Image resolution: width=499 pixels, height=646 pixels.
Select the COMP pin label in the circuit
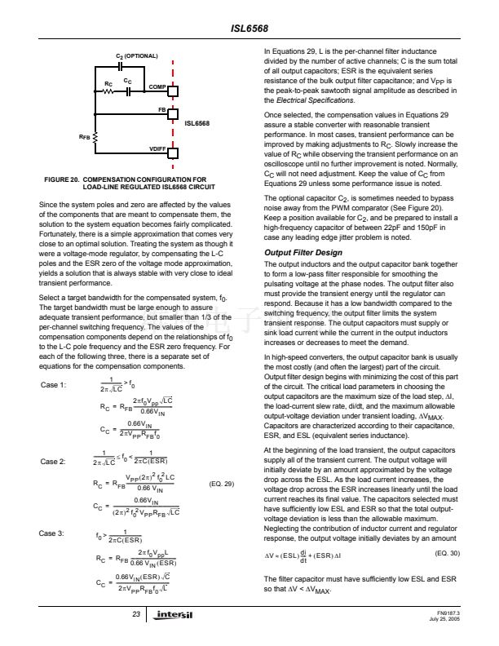point(158,86)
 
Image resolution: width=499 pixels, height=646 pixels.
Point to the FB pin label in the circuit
point(161,108)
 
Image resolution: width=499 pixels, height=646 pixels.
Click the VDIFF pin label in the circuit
point(158,148)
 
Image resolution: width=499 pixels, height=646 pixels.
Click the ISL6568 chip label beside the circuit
point(198,123)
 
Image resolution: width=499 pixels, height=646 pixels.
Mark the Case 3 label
point(52,533)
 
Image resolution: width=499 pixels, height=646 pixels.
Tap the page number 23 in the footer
point(137,613)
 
